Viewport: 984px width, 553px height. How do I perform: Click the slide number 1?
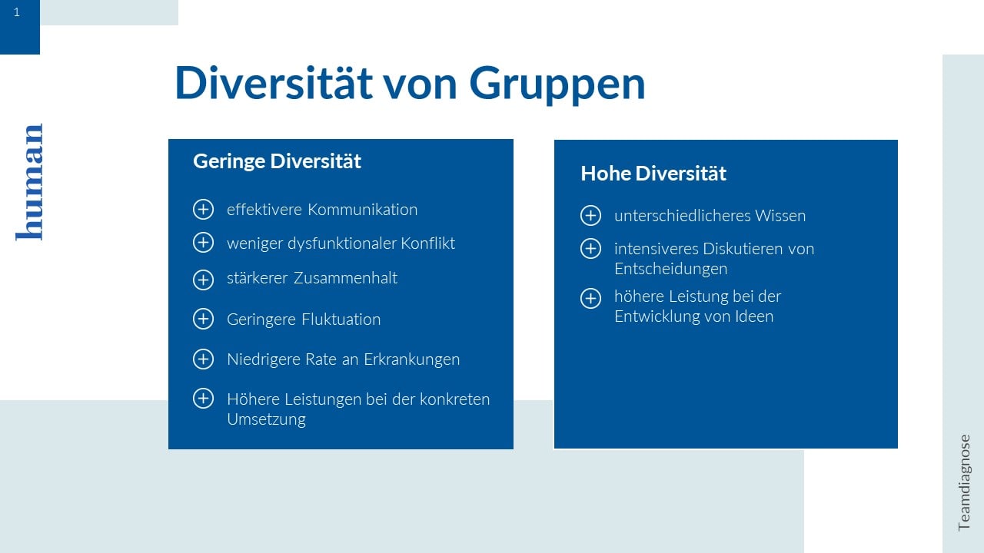pos(17,12)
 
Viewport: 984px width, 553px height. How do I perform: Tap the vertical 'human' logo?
pos(29,182)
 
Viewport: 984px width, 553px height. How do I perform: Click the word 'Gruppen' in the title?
pos(557,84)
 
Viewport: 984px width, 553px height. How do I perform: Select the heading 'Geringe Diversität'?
pos(277,161)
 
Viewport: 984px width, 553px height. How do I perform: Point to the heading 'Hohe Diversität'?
pos(653,174)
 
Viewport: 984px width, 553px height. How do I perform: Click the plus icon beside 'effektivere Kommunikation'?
pos(204,210)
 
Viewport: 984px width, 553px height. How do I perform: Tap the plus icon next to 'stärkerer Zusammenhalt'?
pos(204,280)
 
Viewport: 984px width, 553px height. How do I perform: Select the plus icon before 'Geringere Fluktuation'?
pos(204,319)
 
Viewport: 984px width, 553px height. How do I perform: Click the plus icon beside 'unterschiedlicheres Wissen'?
pos(591,216)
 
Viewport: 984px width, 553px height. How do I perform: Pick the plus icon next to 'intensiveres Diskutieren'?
pos(591,248)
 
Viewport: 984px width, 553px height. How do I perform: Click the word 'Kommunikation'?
pos(362,210)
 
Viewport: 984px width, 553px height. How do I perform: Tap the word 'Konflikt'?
pos(428,243)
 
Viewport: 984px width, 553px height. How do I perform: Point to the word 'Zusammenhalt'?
pos(345,278)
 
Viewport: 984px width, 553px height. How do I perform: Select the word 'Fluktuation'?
pos(341,320)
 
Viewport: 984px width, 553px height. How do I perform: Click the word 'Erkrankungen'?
pos(411,359)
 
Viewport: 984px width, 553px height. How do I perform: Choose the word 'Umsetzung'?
pos(266,419)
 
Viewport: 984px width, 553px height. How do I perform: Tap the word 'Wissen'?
pos(780,216)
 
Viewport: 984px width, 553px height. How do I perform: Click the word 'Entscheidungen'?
pos(671,269)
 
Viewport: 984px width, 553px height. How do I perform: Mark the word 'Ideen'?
pos(755,316)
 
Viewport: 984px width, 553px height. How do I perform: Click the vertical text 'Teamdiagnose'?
pos(964,483)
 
